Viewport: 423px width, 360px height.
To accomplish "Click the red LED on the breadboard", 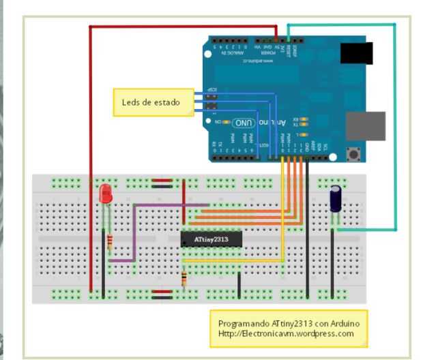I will click(x=106, y=194).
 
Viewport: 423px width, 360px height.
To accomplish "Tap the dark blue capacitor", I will click(x=336, y=200).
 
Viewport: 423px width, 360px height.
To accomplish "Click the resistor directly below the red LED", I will click(x=110, y=241).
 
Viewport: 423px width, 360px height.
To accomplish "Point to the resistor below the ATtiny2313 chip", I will click(x=184, y=278).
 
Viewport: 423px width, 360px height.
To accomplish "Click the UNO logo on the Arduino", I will click(x=244, y=122).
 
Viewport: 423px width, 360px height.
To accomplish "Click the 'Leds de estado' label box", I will click(x=150, y=102).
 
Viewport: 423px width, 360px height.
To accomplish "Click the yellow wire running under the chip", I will click(x=232, y=261).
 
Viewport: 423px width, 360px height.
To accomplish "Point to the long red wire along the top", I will click(x=177, y=27).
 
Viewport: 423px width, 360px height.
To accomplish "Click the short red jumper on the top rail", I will click(x=162, y=183).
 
